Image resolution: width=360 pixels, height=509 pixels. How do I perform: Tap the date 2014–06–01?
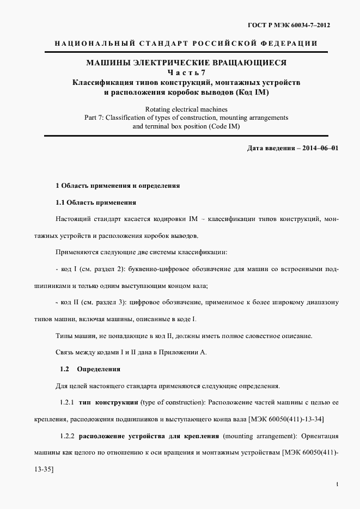316,148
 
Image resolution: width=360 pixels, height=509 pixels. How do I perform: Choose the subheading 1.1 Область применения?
96,203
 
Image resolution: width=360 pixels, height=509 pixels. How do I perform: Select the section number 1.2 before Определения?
64,369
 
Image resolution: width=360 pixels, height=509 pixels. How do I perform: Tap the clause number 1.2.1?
67,402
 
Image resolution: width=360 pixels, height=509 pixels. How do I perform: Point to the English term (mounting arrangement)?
257,436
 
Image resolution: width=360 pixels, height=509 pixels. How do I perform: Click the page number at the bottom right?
338,484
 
